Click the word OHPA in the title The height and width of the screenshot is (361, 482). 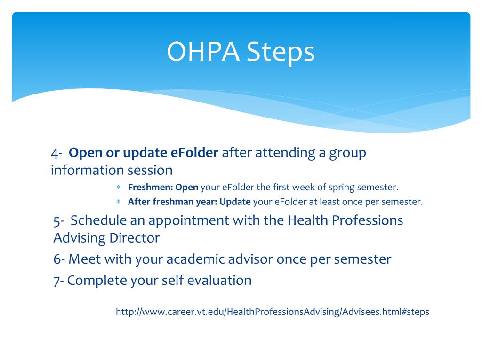point(203,51)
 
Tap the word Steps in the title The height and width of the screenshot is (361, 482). point(281,53)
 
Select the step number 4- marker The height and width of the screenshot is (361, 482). point(57,153)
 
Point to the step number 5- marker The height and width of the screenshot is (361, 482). point(59,221)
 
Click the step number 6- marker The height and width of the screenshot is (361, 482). point(59,259)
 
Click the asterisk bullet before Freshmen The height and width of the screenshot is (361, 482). point(118,187)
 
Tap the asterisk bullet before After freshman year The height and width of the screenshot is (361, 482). point(118,202)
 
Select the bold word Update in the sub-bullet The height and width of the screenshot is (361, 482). point(235,202)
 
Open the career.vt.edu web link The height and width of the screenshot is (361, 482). point(273,312)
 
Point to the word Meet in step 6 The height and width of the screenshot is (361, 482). point(85,259)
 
